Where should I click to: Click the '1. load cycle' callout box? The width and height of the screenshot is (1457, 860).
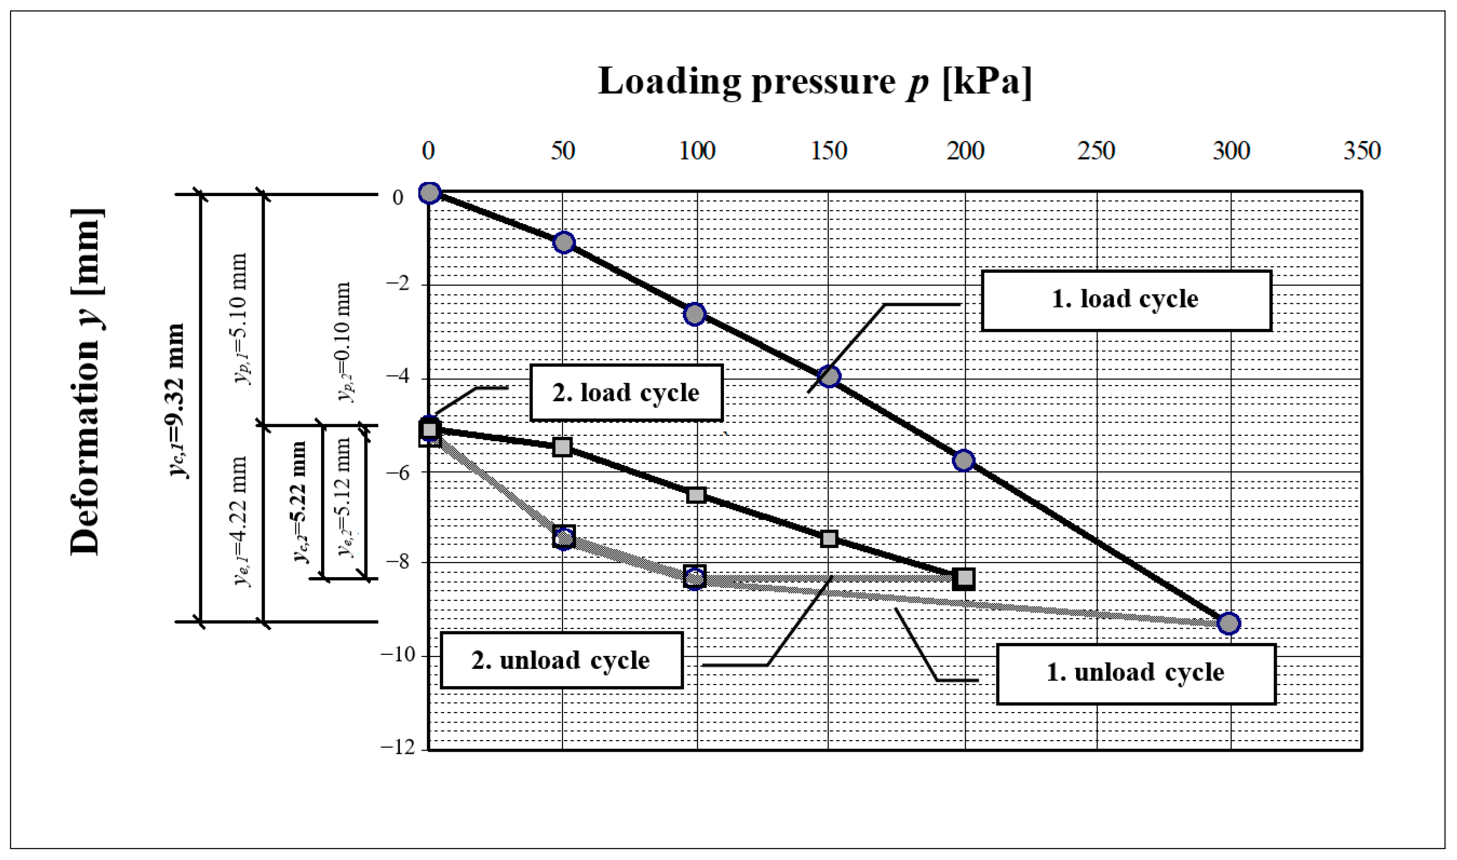click(x=1125, y=301)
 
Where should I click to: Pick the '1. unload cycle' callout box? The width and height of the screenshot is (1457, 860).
click(x=1135, y=673)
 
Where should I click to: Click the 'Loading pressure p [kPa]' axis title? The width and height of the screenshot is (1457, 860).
click(x=815, y=82)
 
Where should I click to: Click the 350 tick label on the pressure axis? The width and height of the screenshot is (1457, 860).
click(x=1361, y=150)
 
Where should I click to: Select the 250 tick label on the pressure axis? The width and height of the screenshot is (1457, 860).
click(x=1096, y=150)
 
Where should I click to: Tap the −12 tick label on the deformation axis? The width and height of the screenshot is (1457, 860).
click(x=398, y=748)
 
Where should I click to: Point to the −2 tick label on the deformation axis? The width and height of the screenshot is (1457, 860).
click(x=398, y=283)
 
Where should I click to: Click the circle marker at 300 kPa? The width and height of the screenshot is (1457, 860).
click(x=1228, y=623)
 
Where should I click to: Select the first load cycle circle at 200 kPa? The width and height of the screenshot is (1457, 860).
click(x=964, y=461)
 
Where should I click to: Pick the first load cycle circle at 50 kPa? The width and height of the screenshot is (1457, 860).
click(x=563, y=242)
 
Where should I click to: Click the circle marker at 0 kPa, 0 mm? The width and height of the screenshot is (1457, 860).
click(x=429, y=193)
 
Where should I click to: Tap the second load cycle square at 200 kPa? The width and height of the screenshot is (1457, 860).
click(x=964, y=578)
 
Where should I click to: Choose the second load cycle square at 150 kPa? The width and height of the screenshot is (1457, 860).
click(x=829, y=539)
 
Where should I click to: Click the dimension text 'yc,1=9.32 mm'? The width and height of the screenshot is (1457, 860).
click(x=176, y=400)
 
